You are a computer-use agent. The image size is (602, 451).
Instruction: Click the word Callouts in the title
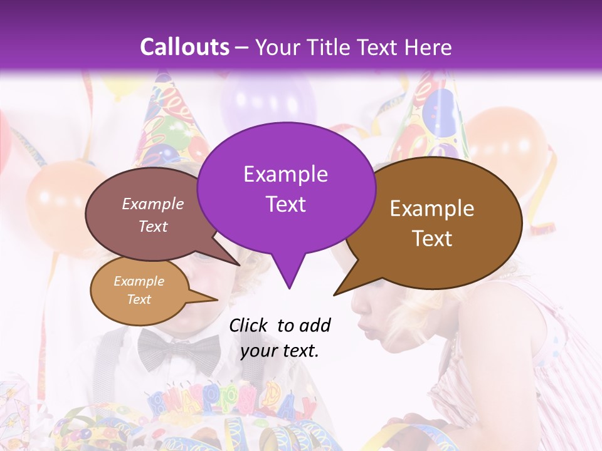[x=184, y=48]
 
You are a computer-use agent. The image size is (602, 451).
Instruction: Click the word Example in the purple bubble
[x=285, y=174]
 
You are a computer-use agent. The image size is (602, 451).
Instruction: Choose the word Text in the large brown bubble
[x=432, y=239]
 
